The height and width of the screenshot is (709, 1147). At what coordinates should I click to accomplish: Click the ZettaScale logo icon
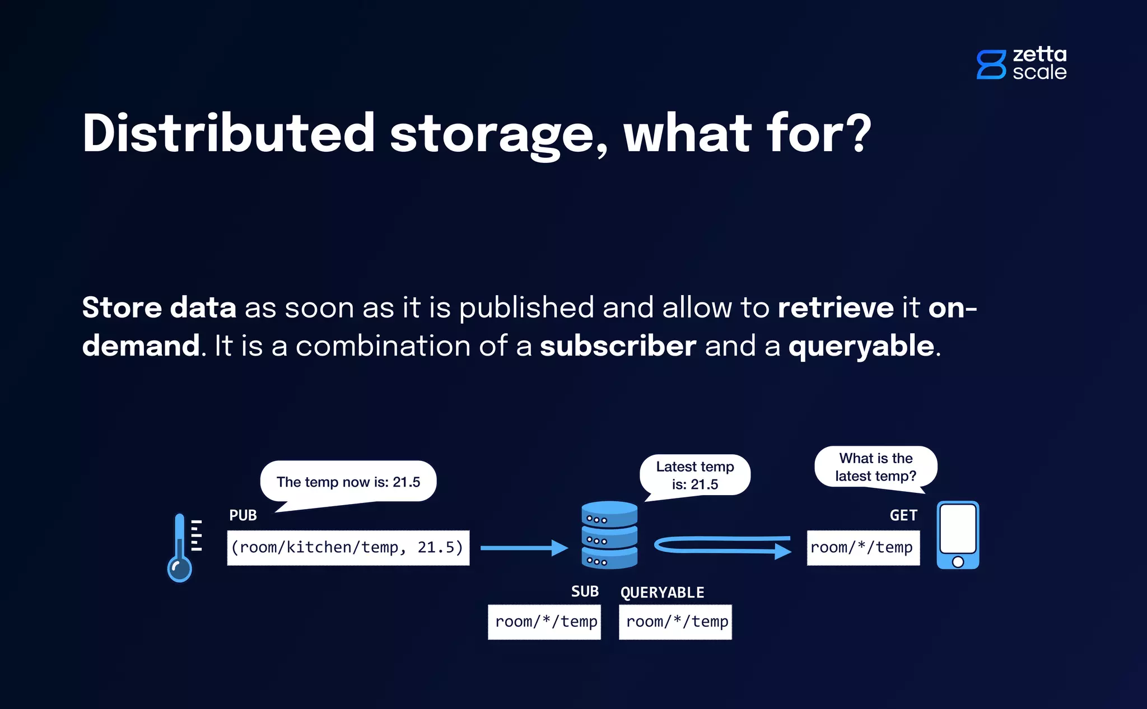991,64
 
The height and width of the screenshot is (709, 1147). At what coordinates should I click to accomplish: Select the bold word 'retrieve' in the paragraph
836,307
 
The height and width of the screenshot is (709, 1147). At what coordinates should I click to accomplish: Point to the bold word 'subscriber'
618,346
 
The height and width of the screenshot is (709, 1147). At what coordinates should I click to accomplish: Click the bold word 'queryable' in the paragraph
861,346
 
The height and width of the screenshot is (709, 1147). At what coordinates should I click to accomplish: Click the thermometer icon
181,548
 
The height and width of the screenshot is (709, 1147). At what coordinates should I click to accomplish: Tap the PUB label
243,515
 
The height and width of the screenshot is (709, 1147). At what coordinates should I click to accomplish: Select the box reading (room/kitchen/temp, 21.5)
348,548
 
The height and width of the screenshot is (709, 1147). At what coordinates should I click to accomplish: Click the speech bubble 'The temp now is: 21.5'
348,482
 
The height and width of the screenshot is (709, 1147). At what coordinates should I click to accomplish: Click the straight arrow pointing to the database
524,548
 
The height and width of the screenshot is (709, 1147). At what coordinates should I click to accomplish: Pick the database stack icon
609,535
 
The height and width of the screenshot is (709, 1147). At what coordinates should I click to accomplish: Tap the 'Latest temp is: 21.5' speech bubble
695,475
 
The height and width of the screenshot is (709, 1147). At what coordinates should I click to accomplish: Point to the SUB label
585,591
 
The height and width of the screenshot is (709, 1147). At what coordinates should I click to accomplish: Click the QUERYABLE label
662,593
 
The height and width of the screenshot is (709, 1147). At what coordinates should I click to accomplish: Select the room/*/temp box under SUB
544,622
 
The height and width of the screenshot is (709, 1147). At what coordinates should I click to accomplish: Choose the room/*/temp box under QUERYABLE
675,622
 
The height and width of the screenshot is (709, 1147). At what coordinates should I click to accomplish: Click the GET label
903,515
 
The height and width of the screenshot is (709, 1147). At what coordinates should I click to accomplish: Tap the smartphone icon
958,535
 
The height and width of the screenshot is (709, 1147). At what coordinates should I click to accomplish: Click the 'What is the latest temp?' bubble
875,467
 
